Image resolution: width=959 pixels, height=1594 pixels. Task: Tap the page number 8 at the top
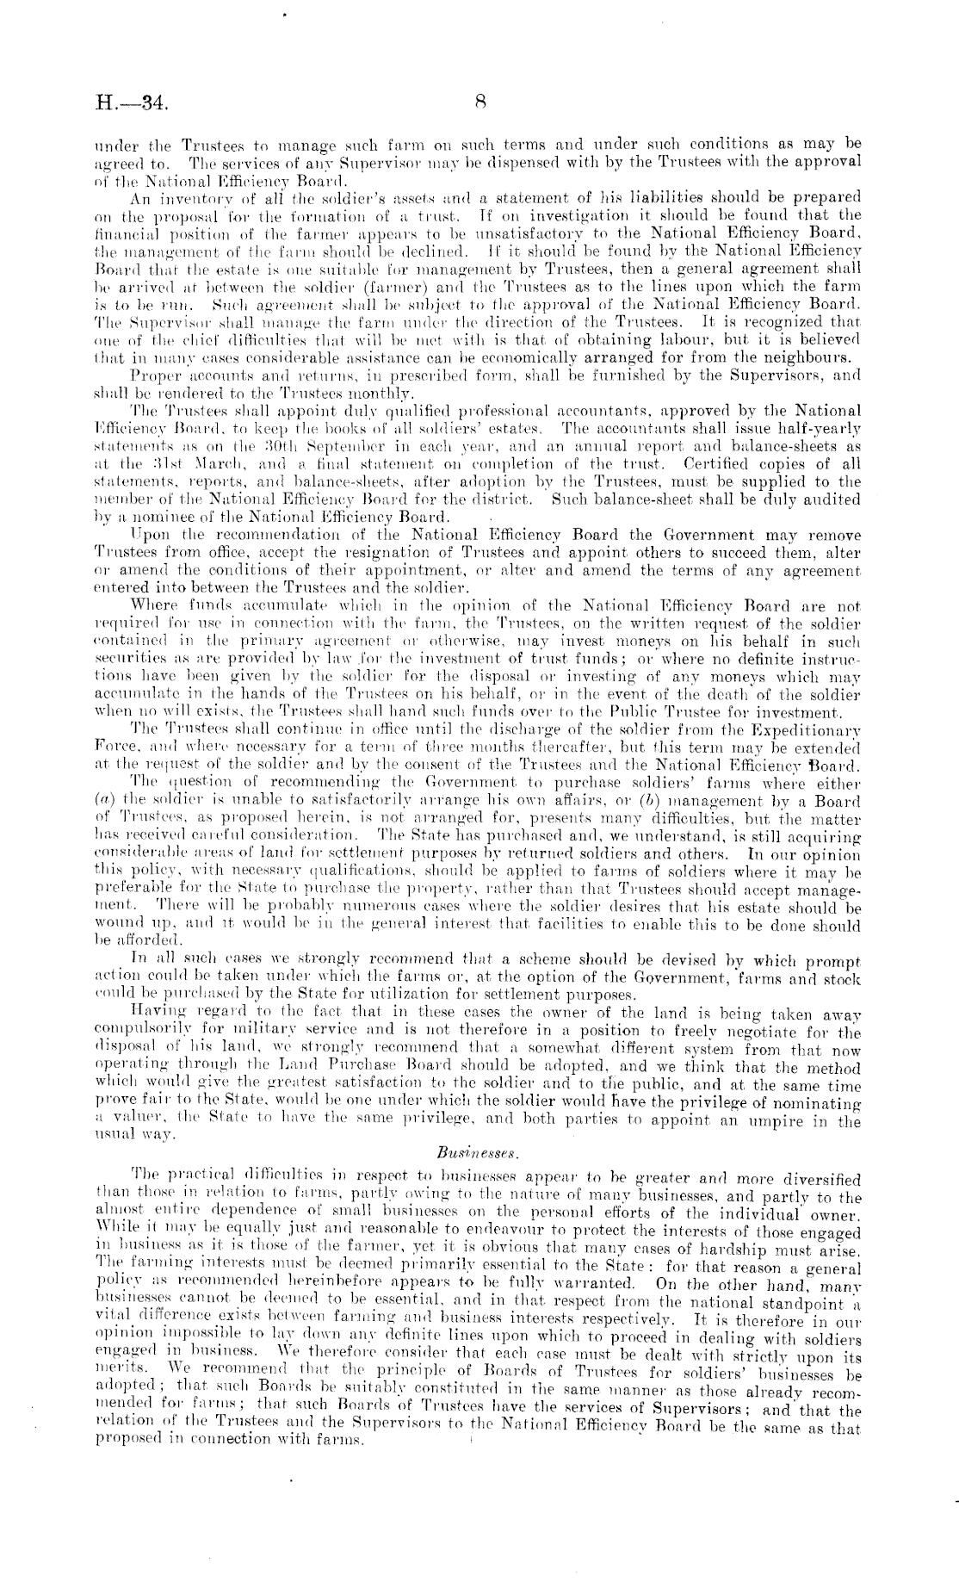coord(480,102)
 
